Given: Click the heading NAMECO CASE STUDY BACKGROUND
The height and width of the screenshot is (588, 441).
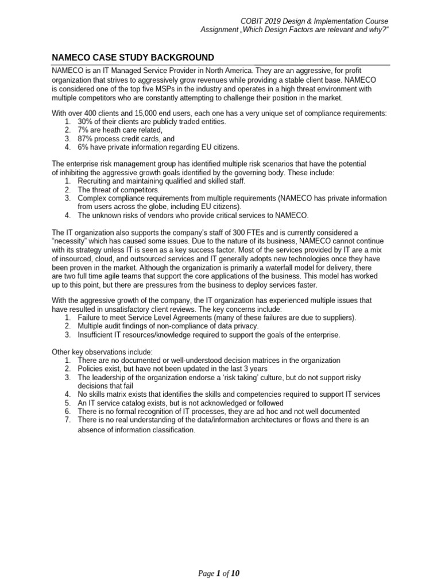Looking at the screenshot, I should coord(133,57).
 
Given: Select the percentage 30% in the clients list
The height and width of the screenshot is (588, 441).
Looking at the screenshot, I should coord(86,122).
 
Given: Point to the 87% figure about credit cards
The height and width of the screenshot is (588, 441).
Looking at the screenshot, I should coord(86,139).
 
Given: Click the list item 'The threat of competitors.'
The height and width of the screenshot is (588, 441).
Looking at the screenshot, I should coord(119,189).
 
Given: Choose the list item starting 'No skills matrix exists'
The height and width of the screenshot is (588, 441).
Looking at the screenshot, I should coord(229,394).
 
